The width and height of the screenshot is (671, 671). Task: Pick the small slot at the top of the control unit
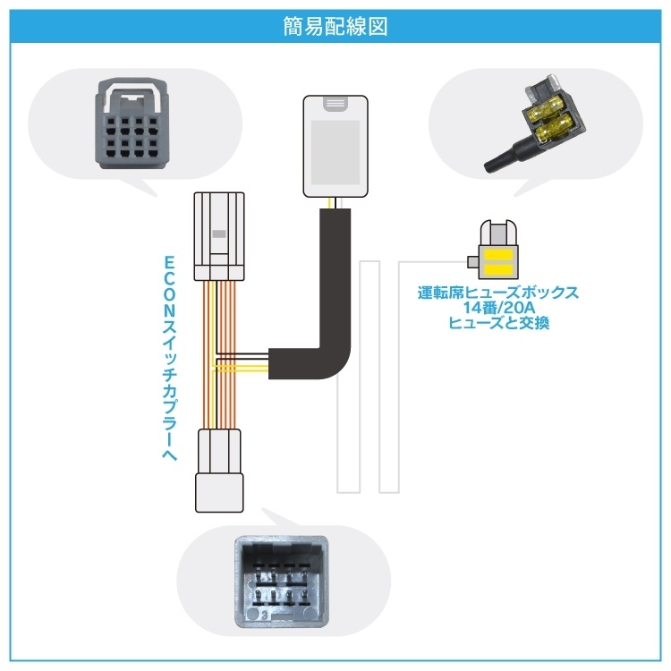click(x=335, y=104)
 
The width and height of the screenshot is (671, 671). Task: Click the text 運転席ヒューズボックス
click(x=498, y=293)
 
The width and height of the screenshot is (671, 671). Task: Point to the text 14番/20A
click(x=498, y=308)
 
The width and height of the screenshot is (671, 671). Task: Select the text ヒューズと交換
click(x=498, y=323)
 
